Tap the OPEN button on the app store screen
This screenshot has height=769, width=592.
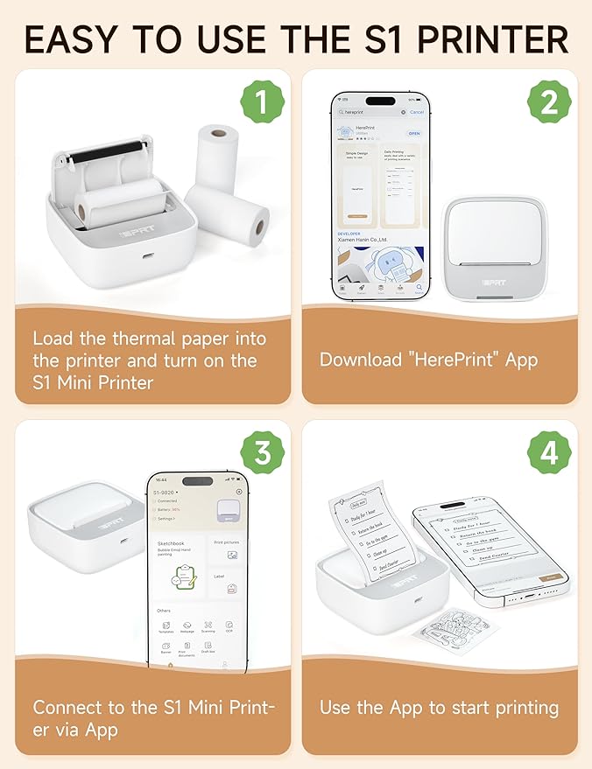pyautogui.click(x=414, y=134)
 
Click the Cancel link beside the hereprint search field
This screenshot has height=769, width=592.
pyautogui.click(x=417, y=112)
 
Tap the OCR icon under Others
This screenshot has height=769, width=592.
pyautogui.click(x=229, y=626)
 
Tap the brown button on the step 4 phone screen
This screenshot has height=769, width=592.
pyautogui.click(x=552, y=578)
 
